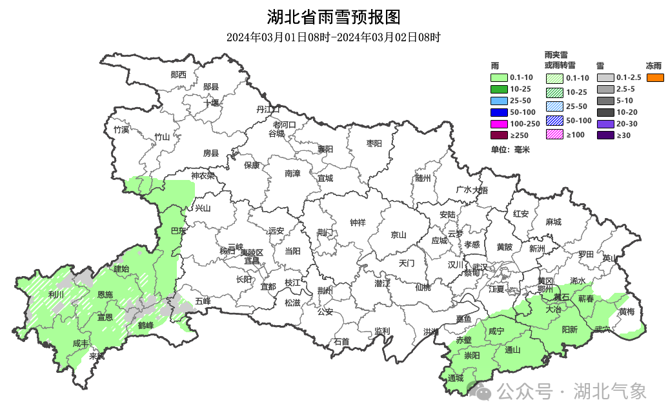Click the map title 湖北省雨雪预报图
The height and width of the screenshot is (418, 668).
(334, 16)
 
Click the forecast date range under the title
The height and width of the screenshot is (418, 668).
(334, 37)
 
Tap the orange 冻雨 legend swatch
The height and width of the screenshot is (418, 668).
(655, 77)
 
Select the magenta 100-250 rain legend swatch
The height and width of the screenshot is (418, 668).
(500, 124)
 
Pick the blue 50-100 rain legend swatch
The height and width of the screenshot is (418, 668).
(500, 112)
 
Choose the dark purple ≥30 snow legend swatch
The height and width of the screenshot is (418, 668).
(605, 135)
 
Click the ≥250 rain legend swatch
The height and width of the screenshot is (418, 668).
(500, 135)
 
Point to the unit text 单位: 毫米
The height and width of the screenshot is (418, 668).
(510, 150)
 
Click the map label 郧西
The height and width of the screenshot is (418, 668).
(178, 75)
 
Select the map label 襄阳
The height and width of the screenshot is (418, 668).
(325, 149)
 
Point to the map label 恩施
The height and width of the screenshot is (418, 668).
(105, 295)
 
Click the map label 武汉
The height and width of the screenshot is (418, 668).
(480, 266)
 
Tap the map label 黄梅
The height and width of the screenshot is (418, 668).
(626, 312)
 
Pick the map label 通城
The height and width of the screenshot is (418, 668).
(455, 378)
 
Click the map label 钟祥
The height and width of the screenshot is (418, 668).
(358, 223)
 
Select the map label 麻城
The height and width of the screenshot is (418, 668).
(553, 222)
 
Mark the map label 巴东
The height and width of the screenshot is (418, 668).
(177, 230)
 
